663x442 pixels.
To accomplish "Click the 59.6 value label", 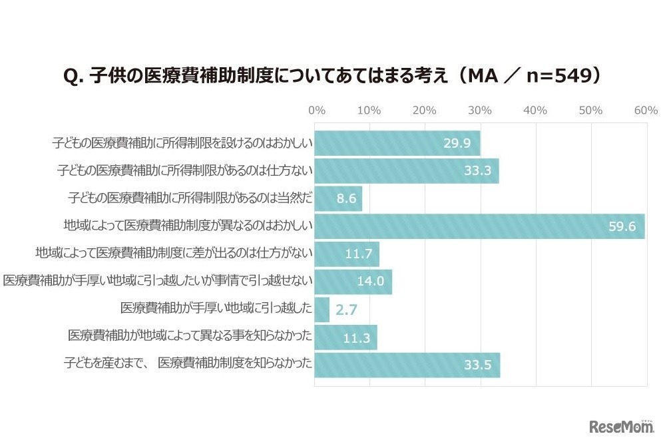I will [x=622, y=226].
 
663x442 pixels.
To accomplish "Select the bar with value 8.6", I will [x=338, y=198].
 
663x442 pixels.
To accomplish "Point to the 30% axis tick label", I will [x=480, y=110].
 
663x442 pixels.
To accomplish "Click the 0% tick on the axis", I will [x=317, y=110].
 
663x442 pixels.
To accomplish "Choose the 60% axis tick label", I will [x=646, y=110].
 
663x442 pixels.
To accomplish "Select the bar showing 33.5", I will [x=407, y=365].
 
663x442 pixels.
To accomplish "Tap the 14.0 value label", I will [x=371, y=282].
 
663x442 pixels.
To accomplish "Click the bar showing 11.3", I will [x=345, y=337].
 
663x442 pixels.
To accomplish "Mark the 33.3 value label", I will [x=477, y=171].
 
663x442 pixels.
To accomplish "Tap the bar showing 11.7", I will [x=347, y=254].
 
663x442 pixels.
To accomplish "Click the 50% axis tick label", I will [x=590, y=110].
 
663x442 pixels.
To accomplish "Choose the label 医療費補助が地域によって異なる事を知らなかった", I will [x=190, y=337].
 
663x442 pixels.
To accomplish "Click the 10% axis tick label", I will [x=369, y=110].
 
